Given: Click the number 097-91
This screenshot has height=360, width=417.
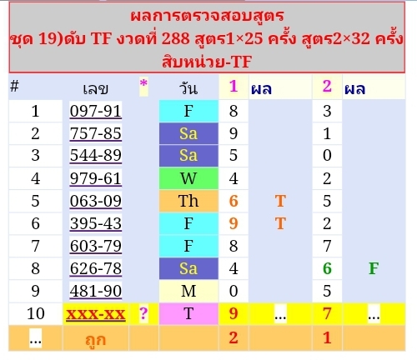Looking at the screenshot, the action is tap(96, 111).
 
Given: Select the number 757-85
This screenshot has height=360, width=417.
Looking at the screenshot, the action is tap(96, 133).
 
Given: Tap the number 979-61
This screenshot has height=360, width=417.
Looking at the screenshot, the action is tap(96, 178).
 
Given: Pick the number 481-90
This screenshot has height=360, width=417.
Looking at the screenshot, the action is tap(96, 291).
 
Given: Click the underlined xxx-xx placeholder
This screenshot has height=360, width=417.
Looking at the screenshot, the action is tap(96, 314).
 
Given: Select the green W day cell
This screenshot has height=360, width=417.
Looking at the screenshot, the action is tap(188, 178).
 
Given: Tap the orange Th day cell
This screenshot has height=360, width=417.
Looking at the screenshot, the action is tap(188, 201).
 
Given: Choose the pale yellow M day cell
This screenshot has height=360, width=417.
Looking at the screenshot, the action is tap(188, 291).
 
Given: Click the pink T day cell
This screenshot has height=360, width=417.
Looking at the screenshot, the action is tap(188, 313).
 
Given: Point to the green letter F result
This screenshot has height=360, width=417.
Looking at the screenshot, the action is tap(374, 268).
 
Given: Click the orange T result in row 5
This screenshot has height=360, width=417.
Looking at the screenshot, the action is tap(280, 201).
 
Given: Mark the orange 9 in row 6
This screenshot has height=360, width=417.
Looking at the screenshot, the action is tap(234, 223).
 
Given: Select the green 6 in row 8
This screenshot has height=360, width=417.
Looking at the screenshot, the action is tap(327, 268).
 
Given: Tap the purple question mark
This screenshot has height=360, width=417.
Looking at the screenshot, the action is tap(143, 313).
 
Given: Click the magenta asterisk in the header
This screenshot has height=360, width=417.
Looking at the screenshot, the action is tap(143, 83).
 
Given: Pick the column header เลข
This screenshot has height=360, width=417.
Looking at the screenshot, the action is tap(96, 89).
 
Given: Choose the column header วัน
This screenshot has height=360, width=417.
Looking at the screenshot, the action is tap(188, 88).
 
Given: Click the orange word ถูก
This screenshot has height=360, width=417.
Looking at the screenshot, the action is tap(96, 339).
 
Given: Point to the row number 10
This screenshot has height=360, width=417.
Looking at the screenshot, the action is tap(36, 313).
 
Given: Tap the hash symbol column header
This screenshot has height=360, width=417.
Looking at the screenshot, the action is tap(14, 86).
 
